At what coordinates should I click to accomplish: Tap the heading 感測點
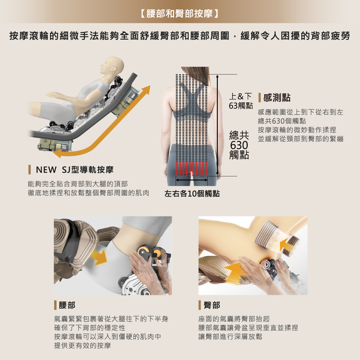coord(277,97)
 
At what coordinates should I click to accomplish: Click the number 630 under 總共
coord(239,145)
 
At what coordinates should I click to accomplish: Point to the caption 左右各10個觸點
coord(192,193)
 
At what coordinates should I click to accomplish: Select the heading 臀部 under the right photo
coord(212,305)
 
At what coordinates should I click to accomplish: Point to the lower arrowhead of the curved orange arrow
coord(58,154)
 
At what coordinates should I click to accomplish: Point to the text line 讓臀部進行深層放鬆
coord(230,337)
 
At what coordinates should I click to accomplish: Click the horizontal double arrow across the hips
coord(192,179)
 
